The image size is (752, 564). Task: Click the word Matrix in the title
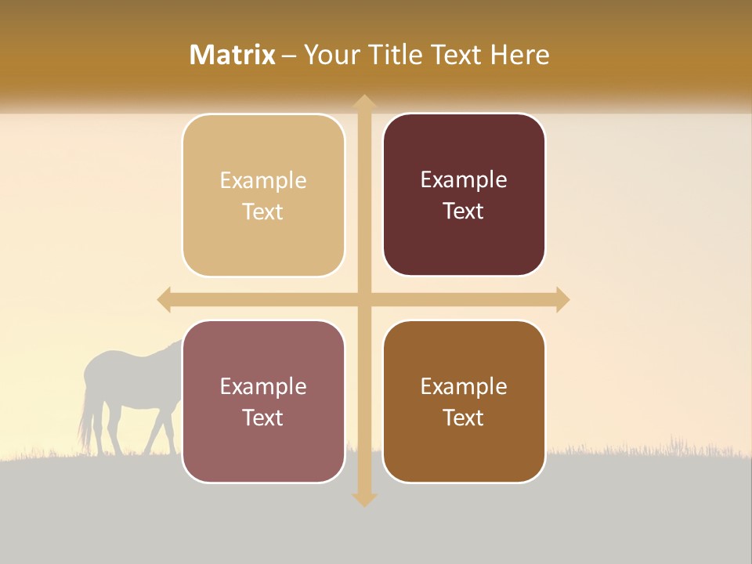233,55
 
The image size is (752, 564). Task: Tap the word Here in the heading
519,55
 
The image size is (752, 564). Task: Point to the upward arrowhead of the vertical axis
363,102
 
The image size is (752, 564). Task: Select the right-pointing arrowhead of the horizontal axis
562,299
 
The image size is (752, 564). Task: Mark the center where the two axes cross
363,299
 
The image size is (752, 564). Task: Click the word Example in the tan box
263,181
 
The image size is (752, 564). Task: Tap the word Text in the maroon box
464,211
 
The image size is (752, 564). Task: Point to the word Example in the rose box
263,387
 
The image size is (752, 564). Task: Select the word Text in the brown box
464,418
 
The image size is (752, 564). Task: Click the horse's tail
83,419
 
